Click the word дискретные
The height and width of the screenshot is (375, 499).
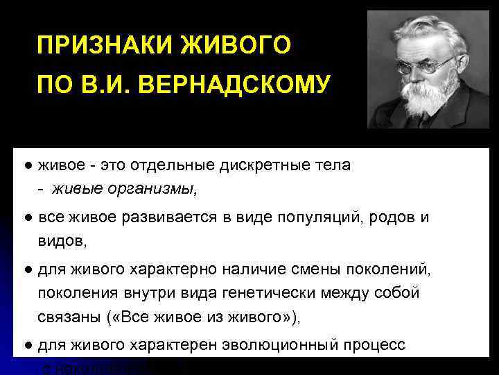[262, 166]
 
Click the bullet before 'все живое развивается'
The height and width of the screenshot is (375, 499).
[25, 218]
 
